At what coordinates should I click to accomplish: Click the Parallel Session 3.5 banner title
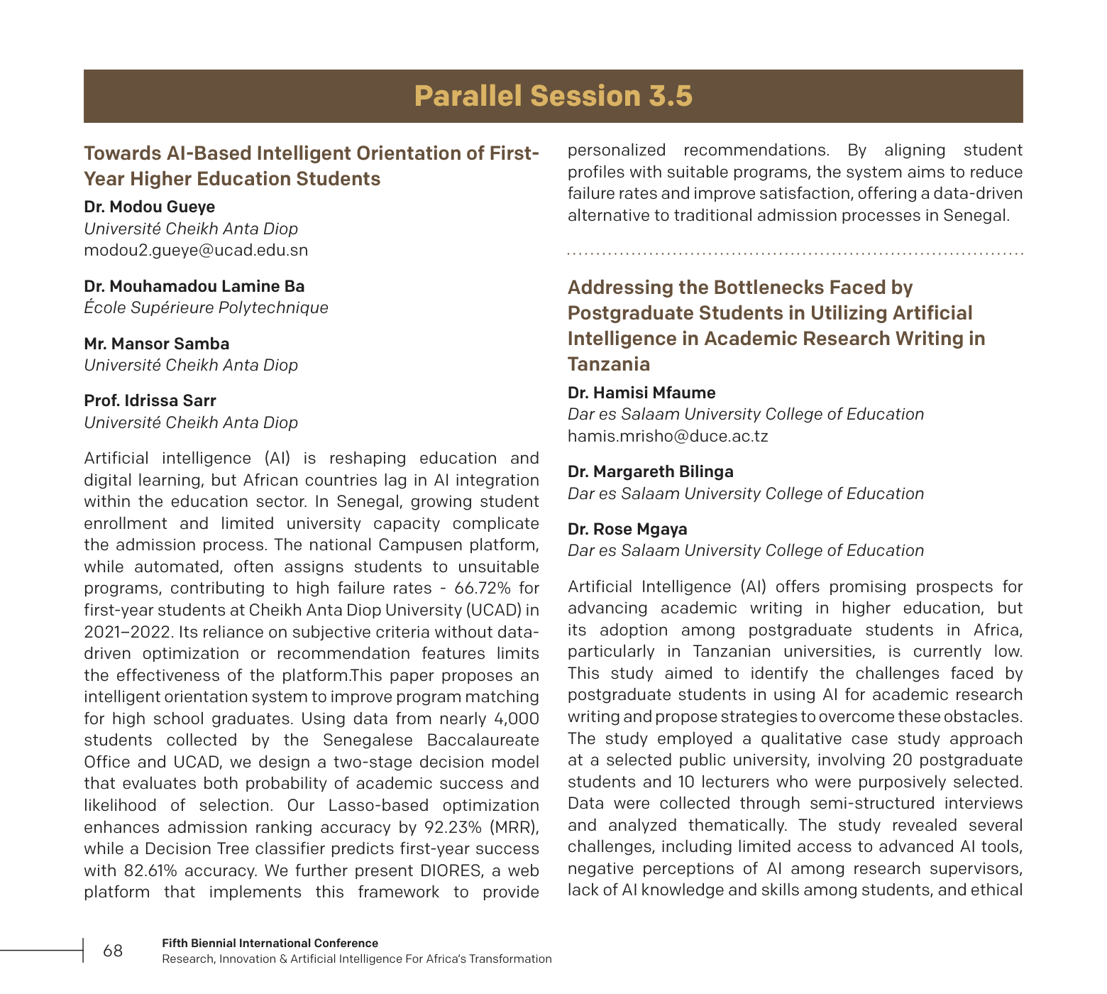coord(553,96)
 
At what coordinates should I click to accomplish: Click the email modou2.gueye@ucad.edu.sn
coord(196,250)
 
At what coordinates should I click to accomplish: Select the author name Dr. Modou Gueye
coord(149,207)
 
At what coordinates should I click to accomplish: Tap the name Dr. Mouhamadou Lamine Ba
coord(194,286)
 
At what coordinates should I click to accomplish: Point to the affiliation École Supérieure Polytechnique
coord(206,307)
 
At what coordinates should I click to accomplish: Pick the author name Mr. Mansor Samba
coord(156,344)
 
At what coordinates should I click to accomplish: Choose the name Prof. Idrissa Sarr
coord(150,400)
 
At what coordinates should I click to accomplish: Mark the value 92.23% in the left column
coord(452,827)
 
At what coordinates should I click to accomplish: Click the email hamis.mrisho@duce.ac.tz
coord(667,436)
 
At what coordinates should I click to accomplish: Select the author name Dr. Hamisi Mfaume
coord(641,393)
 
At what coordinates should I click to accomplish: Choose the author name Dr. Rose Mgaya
coord(627,529)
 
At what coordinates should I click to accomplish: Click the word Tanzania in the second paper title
coord(608,364)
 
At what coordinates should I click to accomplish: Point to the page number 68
coord(113,951)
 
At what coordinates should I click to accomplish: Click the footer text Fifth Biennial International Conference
coord(270,943)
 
